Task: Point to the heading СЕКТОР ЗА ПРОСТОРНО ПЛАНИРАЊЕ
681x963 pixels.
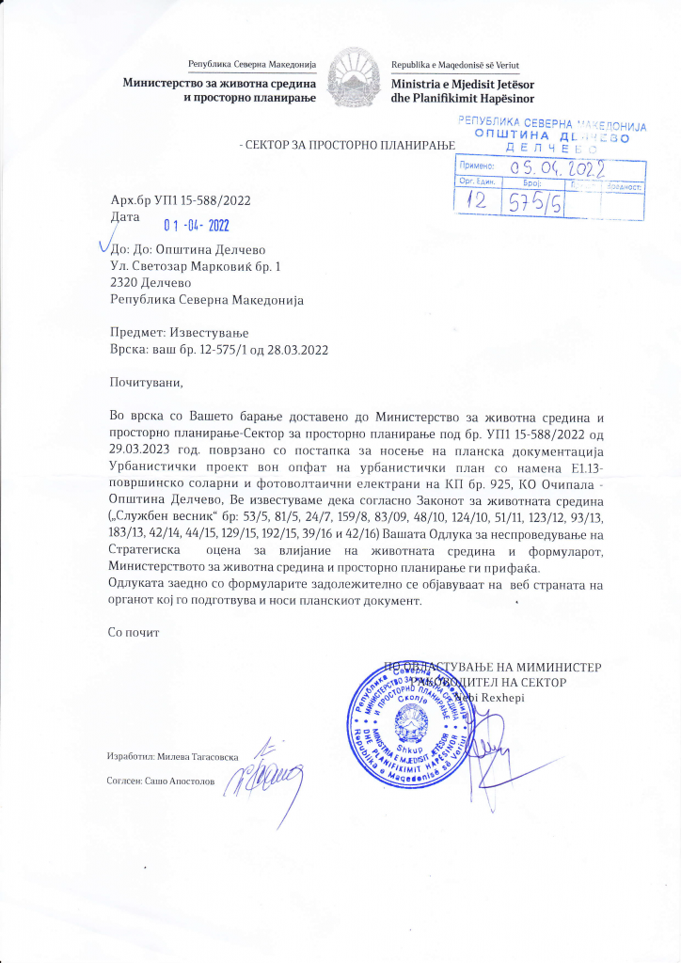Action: click(347, 144)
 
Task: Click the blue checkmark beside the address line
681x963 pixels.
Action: click(105, 247)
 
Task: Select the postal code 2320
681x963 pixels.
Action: click(124, 283)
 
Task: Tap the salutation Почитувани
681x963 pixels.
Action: click(144, 383)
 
